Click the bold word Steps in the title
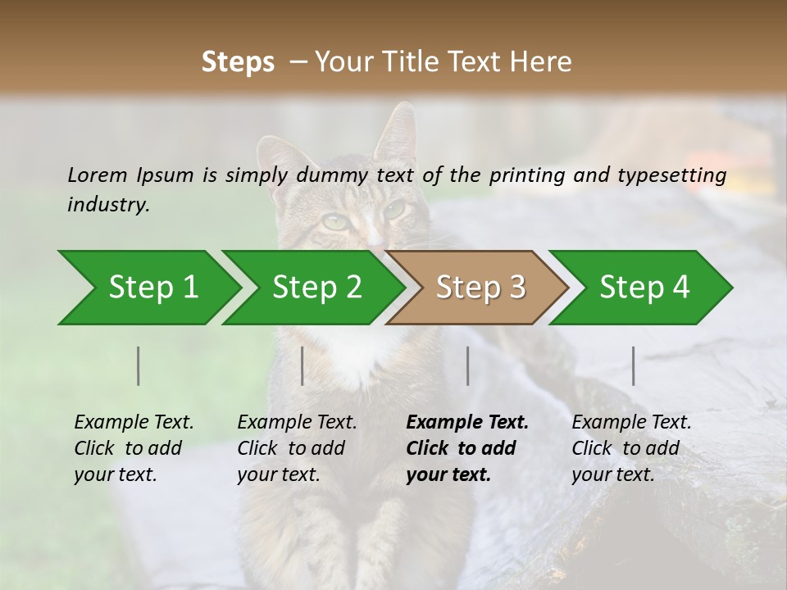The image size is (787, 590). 238,62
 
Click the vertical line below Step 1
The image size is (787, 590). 139,365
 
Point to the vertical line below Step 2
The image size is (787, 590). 303,365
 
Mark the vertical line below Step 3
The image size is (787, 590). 468,365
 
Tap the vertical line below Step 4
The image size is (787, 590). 634,365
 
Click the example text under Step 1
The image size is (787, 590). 134,448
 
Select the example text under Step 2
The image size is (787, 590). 297,448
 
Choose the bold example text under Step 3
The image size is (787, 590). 467,448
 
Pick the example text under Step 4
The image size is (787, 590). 631,448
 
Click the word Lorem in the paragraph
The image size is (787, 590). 98,175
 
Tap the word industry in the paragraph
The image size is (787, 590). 108,205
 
